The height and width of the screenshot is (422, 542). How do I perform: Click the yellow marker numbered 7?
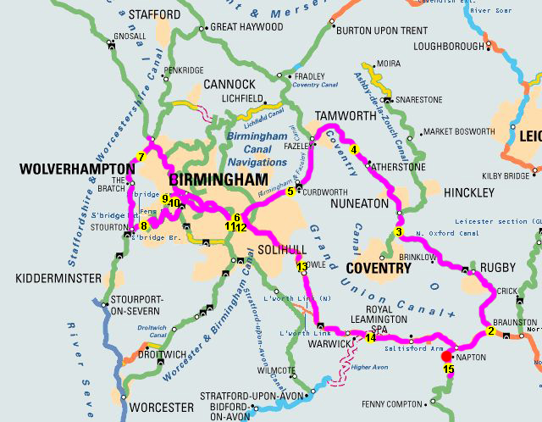[141, 157]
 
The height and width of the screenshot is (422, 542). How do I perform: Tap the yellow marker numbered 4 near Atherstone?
[357, 150]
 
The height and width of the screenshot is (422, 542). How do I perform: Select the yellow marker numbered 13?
[302, 267]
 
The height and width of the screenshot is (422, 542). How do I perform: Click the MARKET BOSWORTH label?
[457, 132]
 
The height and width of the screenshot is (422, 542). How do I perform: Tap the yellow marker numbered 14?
[370, 337]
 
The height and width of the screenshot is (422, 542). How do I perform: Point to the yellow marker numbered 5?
[290, 192]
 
